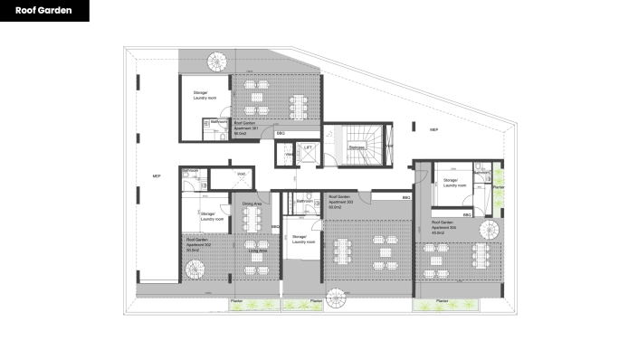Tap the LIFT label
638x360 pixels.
coord(309,146)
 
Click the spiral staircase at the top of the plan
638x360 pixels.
coord(217,62)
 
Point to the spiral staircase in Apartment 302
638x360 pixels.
coord(197,269)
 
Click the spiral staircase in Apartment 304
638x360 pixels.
coord(488,227)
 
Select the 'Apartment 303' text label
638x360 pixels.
coord(342,202)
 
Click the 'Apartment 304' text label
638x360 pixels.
coord(443,226)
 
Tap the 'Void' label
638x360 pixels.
coord(242,174)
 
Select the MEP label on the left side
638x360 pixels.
coord(156,175)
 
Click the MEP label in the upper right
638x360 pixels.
coord(434,130)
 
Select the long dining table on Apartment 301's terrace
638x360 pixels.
coord(299,101)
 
